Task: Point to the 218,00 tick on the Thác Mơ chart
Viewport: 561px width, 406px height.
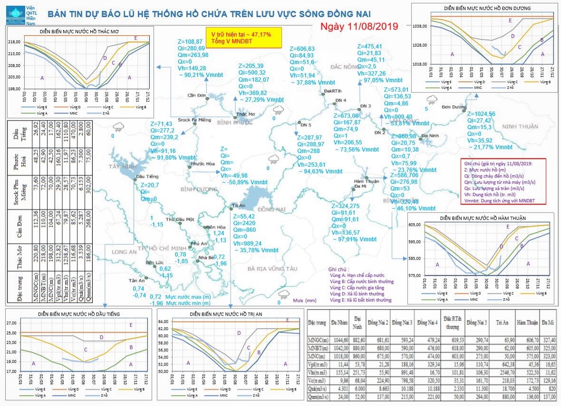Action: tap(13, 42)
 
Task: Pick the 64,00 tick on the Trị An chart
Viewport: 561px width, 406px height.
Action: tap(164, 322)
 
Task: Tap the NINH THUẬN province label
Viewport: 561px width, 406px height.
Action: tap(520, 126)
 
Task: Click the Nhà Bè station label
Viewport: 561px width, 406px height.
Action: tap(206, 258)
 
